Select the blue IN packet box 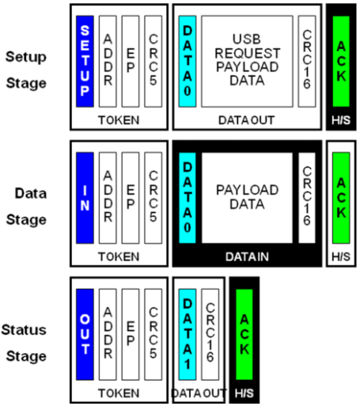(85, 198)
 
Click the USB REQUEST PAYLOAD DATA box (247, 59)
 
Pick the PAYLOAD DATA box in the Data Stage (247, 197)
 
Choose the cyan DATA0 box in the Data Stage (188, 198)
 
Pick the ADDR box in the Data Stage (108, 198)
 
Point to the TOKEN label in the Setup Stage (118, 120)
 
